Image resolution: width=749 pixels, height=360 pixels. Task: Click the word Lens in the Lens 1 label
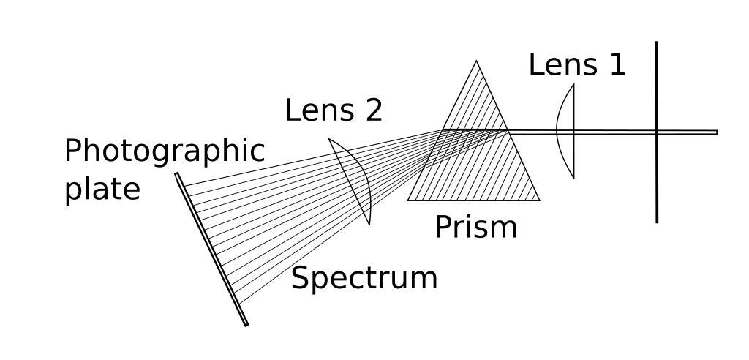(557, 65)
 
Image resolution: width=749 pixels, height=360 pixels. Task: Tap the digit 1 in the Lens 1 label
(616, 65)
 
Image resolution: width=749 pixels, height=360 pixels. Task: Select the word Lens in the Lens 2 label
(314, 111)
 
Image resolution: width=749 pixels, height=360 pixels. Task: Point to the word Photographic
(165, 152)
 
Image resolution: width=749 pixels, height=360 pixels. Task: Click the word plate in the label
(102, 189)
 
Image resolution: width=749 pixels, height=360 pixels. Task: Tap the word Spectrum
(364, 279)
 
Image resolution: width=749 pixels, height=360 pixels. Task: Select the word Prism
(475, 228)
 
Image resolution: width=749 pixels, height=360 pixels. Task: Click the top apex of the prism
(477, 61)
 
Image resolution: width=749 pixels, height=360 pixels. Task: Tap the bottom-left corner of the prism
(407, 200)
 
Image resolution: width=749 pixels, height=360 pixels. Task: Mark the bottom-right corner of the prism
(539, 200)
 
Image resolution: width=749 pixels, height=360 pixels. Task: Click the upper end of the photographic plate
(177, 174)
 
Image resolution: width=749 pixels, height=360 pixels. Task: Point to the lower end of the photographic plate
(246, 325)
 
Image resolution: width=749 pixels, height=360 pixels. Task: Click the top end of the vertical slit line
(657, 42)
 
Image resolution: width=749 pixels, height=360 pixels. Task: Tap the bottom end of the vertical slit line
(657, 222)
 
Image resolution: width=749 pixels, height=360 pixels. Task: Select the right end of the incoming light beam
(716, 132)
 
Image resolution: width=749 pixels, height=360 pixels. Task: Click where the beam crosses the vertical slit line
(657, 132)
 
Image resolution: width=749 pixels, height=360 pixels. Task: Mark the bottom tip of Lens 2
(369, 224)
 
